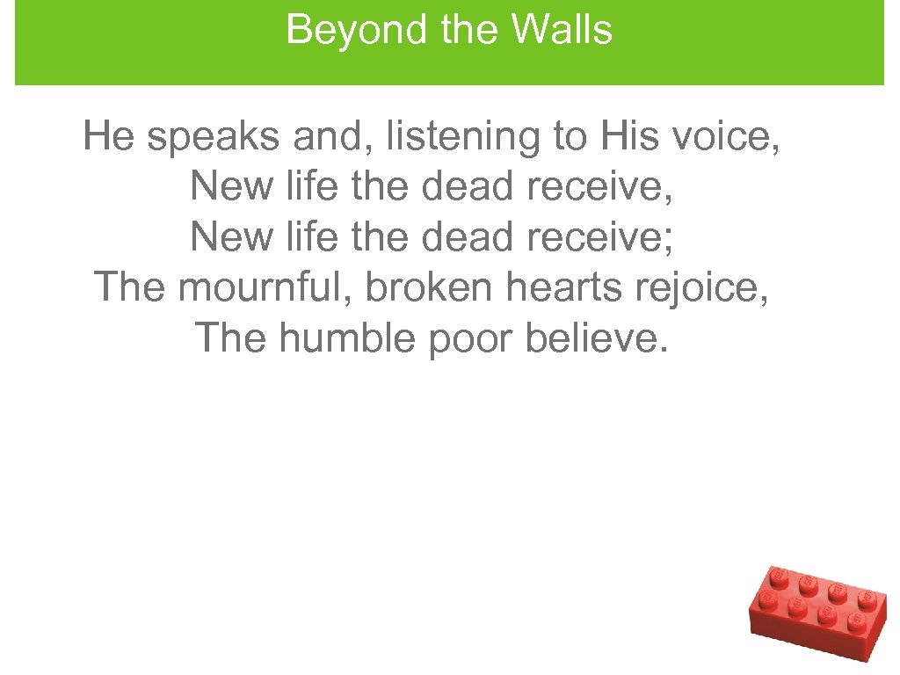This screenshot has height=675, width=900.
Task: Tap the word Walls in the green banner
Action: point(562,31)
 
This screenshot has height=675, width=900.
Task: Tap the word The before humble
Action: point(229,337)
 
